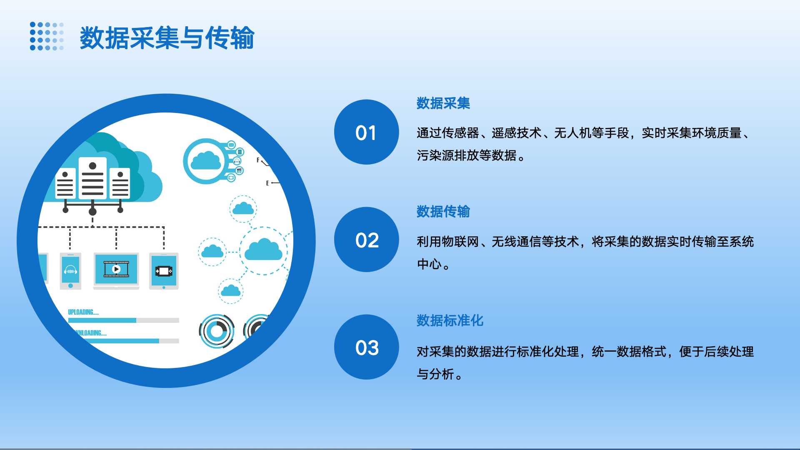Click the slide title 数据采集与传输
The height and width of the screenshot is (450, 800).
(167, 38)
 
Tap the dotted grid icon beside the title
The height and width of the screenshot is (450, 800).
(47, 36)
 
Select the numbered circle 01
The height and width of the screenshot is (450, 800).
(366, 132)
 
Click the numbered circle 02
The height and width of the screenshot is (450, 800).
(366, 240)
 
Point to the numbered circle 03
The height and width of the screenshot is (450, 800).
(366, 347)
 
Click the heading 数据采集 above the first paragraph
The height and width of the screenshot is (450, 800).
(443, 103)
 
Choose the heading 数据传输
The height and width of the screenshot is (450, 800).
(443, 212)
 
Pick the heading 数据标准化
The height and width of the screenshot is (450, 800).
(450, 320)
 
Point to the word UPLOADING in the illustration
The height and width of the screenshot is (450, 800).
(82, 312)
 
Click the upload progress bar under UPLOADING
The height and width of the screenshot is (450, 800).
(123, 320)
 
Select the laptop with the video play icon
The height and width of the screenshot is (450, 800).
(116, 270)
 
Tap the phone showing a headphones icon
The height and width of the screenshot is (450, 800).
(70, 271)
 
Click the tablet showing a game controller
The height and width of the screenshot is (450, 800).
(164, 271)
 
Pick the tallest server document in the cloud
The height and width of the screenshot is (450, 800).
(92, 178)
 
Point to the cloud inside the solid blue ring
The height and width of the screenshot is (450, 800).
(206, 161)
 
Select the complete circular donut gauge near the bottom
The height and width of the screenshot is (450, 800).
(217, 332)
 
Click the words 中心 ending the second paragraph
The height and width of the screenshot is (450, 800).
(429, 264)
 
